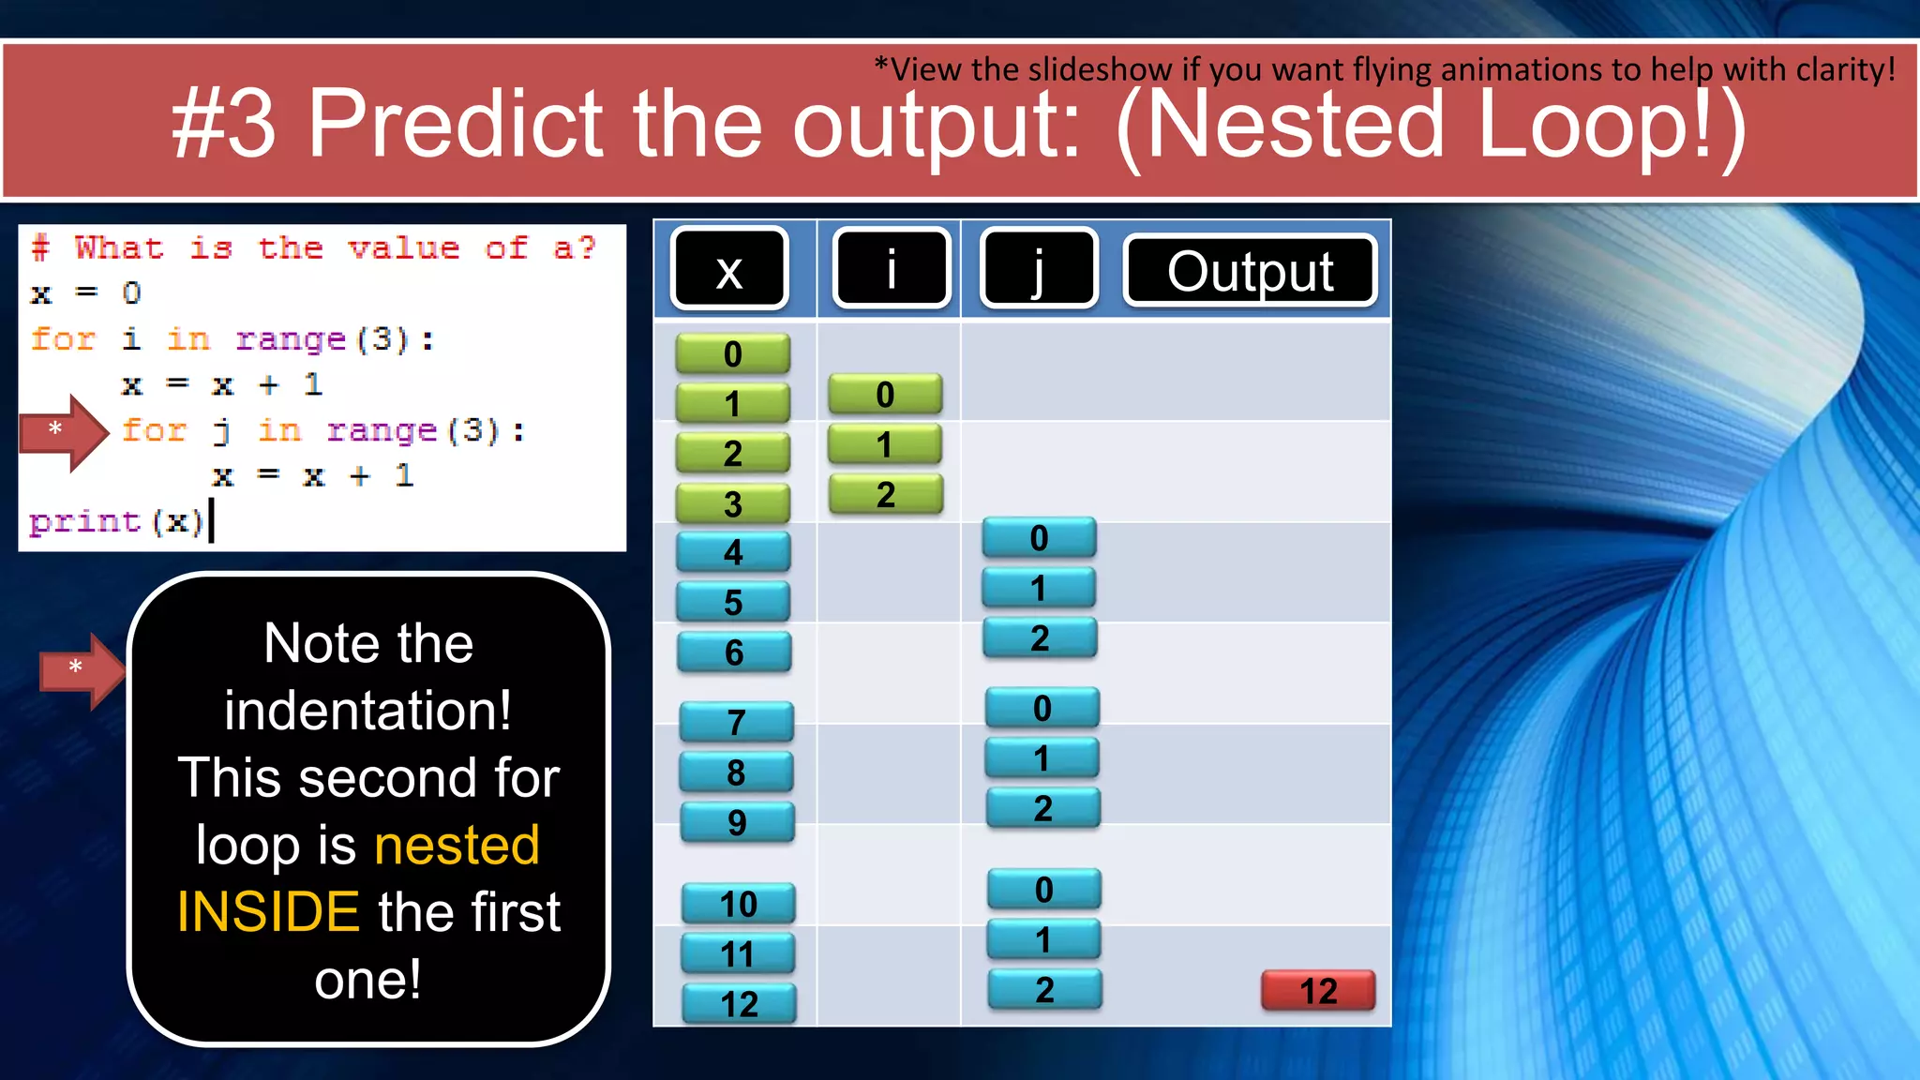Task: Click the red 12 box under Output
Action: point(1317,991)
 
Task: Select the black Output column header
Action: point(1250,271)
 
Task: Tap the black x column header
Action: point(729,270)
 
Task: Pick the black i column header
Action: point(892,270)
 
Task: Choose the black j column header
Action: point(1038,270)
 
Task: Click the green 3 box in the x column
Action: point(733,504)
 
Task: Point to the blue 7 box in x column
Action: point(737,722)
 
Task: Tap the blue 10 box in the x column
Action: point(739,904)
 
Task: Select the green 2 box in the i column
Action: point(886,495)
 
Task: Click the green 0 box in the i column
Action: point(885,395)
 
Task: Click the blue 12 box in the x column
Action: point(740,1004)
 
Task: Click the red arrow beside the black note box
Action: point(82,669)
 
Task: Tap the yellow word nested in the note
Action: point(457,845)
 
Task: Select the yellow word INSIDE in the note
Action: point(268,912)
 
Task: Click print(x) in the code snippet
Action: point(116,521)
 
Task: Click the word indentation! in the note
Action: point(368,711)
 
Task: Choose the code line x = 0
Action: point(85,293)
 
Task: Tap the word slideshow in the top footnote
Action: point(1100,69)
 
